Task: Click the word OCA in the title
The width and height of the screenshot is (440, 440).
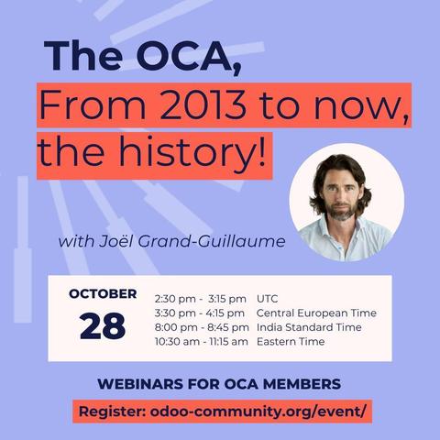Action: (x=185, y=57)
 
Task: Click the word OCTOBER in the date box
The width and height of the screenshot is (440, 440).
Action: (x=103, y=294)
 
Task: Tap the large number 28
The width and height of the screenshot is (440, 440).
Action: (x=103, y=326)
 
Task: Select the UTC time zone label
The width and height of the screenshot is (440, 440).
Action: (x=269, y=299)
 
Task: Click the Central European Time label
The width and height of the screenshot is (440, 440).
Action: (x=313, y=313)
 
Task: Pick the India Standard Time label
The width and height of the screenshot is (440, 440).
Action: (x=309, y=327)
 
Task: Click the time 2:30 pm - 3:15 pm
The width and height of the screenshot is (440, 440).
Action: (x=201, y=299)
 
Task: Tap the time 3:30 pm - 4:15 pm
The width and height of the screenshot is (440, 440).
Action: (x=201, y=313)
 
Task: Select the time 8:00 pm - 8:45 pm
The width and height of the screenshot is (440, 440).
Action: (x=202, y=327)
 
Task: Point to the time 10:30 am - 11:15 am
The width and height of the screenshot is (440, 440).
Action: (x=202, y=342)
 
